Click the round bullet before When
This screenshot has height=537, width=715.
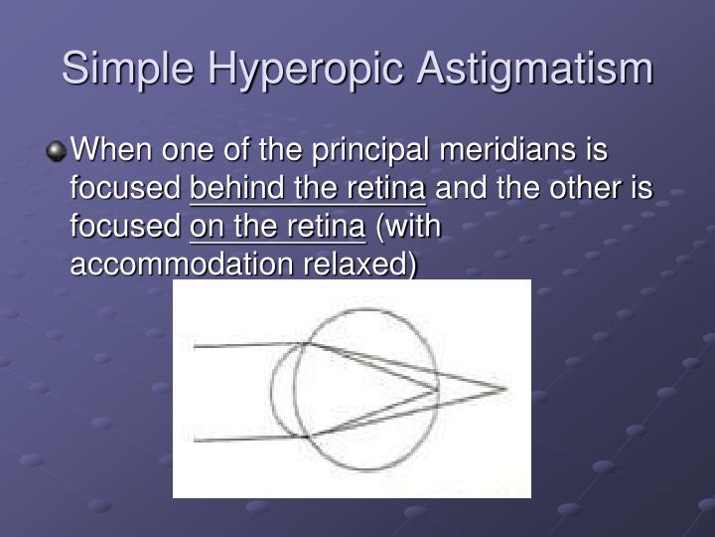(x=58, y=152)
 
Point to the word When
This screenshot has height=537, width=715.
(x=111, y=151)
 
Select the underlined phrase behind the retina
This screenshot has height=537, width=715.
(x=308, y=189)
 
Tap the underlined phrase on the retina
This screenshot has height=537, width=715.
(x=277, y=227)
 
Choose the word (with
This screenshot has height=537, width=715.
(x=408, y=227)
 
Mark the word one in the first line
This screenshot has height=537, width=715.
(x=190, y=151)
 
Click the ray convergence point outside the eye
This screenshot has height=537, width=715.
(x=506, y=389)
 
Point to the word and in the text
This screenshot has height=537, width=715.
(x=460, y=189)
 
